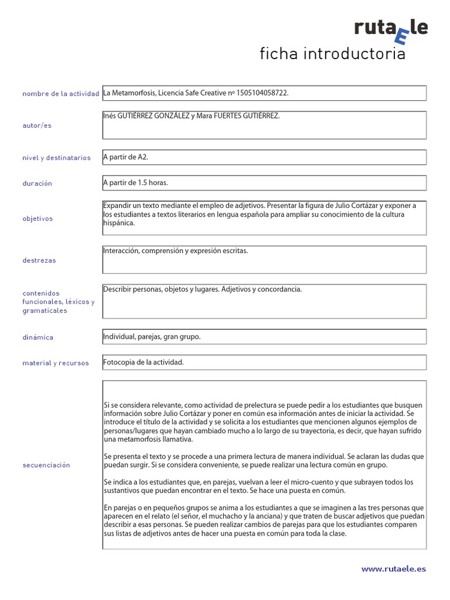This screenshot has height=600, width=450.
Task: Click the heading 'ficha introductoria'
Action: pos(332,54)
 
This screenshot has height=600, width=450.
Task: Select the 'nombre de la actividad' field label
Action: pos(61,94)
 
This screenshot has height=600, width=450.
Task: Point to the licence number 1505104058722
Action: pos(262,93)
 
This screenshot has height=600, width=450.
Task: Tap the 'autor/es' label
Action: pos(37,125)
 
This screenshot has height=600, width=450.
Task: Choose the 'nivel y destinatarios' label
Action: pos(56,158)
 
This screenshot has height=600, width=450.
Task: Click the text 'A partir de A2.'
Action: pos(121,157)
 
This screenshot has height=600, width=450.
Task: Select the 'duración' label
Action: pos(37,183)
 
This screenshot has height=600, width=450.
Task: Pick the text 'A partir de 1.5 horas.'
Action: pos(135,183)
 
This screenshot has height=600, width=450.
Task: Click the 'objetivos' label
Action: pos(37,219)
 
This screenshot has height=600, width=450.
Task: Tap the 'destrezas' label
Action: pos(39,260)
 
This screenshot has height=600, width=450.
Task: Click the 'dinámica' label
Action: pos(37,337)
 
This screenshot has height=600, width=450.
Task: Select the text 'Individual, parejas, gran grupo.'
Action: pos(152,337)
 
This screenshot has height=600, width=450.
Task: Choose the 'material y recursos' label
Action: pos(56,363)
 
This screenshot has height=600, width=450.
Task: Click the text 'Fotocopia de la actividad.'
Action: pos(144,363)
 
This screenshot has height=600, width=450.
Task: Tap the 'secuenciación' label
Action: pos(46,465)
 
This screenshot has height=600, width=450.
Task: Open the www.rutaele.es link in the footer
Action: pos(394,568)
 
